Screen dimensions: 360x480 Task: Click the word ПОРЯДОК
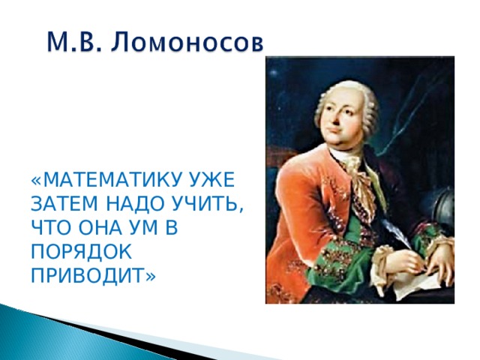click(82, 253)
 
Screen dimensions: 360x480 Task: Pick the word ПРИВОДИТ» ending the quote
click(94, 276)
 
